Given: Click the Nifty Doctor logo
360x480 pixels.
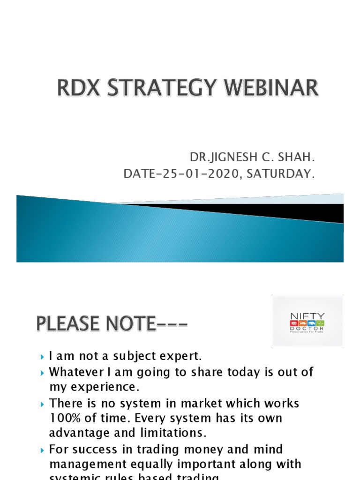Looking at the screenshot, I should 307,322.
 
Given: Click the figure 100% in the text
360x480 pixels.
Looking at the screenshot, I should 67,418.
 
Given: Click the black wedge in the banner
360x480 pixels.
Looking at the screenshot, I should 281,210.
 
